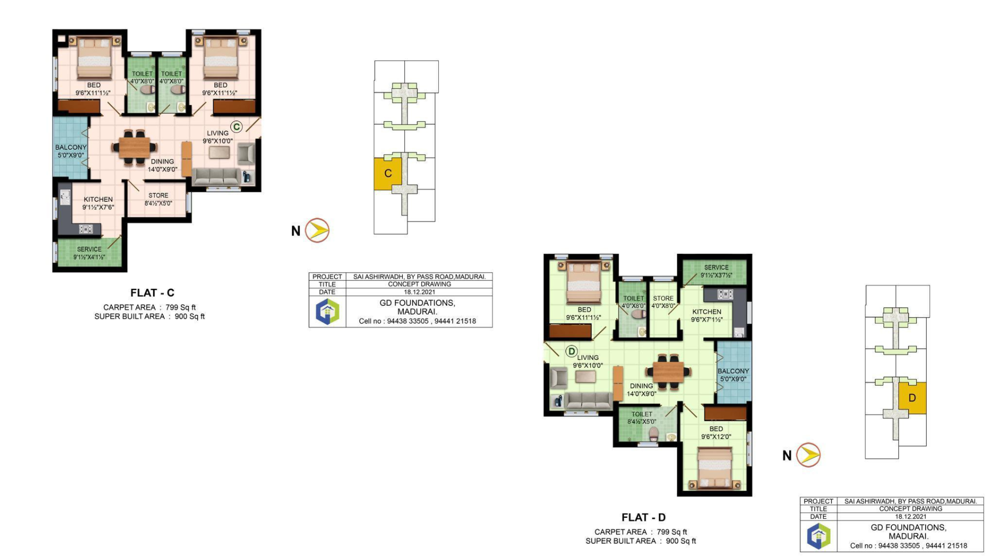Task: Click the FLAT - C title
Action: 152,293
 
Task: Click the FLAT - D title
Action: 643,517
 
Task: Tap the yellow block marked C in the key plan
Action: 388,174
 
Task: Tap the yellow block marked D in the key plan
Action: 913,398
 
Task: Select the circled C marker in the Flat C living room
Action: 236,127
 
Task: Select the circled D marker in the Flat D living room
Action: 571,351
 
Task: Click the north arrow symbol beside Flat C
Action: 317,230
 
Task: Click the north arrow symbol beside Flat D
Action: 809,455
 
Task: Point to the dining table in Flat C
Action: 134,148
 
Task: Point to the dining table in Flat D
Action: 669,371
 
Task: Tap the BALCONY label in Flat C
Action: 71,148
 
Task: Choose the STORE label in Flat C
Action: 158,195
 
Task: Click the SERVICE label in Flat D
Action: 717,267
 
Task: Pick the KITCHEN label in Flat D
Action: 707,312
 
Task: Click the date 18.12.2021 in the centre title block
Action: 419,292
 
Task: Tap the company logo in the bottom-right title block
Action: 819,536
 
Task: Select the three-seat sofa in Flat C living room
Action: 217,176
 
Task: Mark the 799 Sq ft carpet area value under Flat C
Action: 181,307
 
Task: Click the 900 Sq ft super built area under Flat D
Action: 681,541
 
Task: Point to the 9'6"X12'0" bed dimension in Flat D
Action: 716,437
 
